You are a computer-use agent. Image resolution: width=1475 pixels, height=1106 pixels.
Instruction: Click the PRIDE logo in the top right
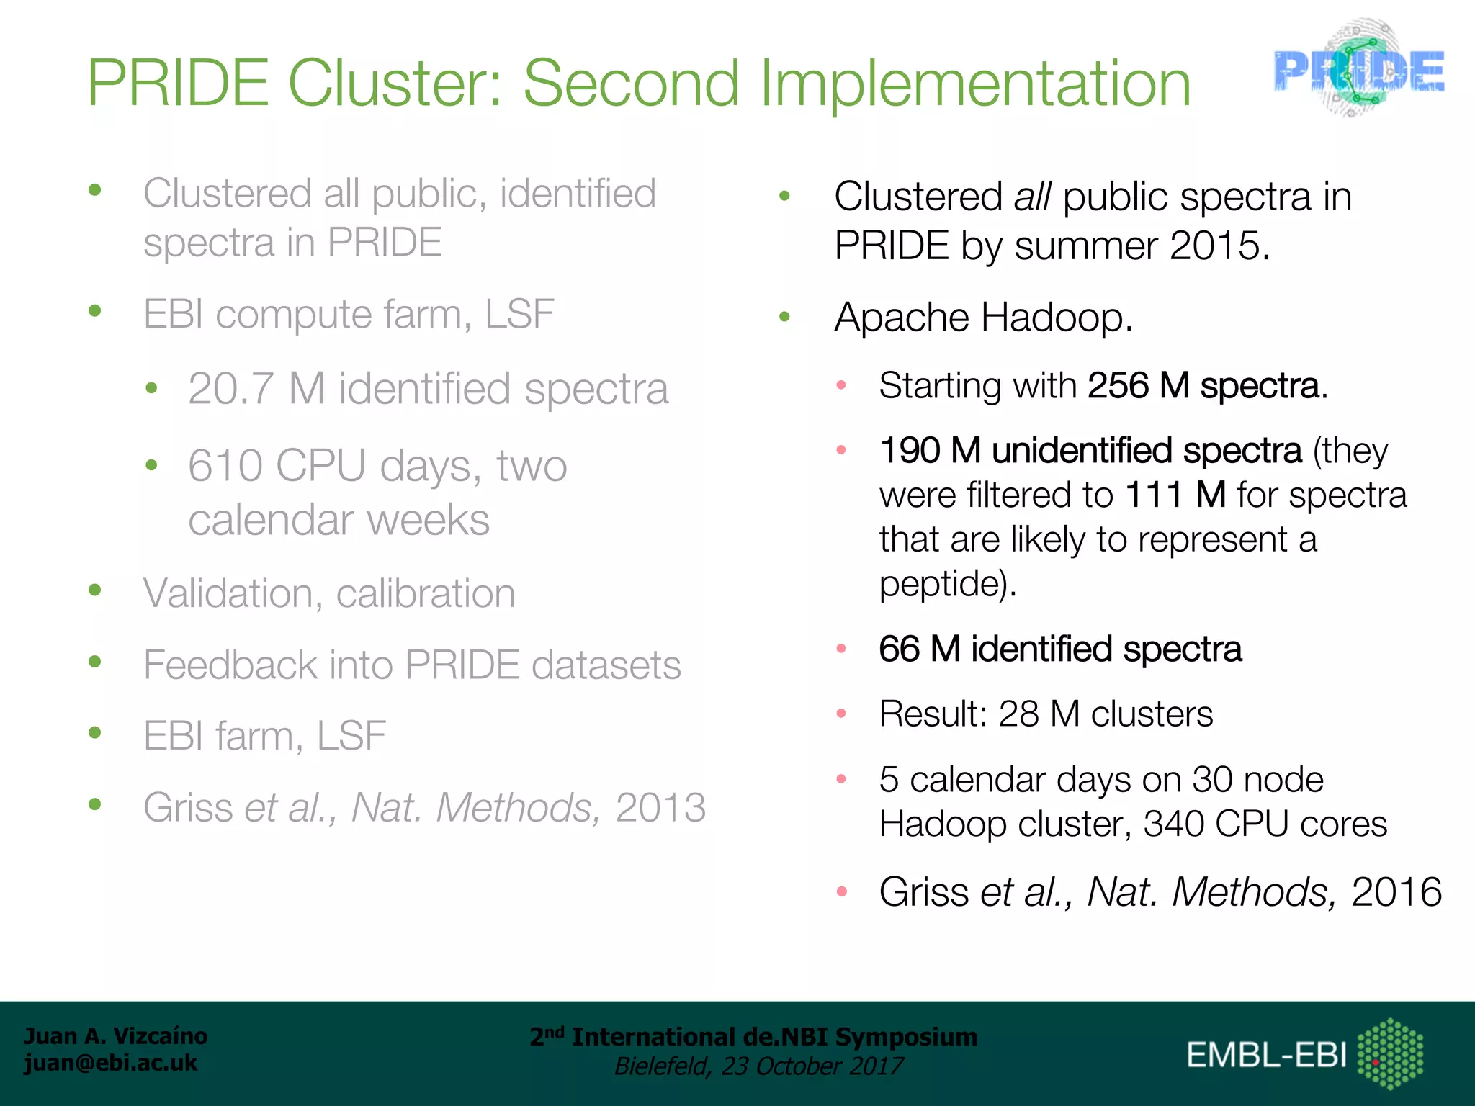1358,70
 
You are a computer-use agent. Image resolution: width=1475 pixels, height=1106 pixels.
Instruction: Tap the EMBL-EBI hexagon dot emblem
1390,1053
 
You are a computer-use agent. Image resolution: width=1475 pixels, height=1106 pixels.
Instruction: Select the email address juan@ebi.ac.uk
111,1063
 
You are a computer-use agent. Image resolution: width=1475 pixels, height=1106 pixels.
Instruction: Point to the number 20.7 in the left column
230,389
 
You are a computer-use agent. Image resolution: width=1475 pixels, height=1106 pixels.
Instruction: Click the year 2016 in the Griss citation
1396,892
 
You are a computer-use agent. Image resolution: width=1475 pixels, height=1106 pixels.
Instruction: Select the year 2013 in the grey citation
660,807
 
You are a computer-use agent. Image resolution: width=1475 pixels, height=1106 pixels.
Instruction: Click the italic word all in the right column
1031,197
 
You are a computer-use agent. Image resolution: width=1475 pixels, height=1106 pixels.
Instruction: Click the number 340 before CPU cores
1173,824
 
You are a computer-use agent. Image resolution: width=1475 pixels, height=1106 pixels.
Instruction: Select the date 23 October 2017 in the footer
812,1066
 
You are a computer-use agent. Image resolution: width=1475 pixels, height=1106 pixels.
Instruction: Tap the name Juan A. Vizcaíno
115,1035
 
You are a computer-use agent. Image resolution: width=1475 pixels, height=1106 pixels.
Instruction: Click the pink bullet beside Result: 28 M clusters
840,714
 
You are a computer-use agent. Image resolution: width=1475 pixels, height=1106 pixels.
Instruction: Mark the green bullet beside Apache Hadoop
785,316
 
